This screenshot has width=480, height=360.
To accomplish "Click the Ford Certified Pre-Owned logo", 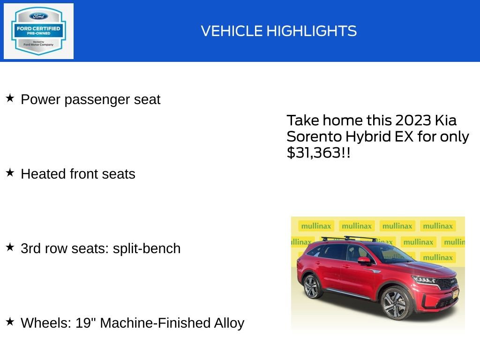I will coord(38,31).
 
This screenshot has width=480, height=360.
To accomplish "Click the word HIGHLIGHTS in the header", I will coord(312,31).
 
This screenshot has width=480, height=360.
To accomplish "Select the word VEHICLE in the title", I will coord(232,31).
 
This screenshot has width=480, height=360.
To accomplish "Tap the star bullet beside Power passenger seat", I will coord(10,98).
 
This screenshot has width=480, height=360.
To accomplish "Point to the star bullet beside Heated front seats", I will coord(10,173).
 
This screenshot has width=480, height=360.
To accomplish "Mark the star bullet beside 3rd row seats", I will coord(10,247).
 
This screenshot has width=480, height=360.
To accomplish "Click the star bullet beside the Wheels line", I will coord(10,322).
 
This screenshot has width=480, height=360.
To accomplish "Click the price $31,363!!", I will coord(318,153).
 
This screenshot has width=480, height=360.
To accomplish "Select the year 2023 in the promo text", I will coord(413,120).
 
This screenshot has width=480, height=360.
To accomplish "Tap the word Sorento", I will coord(314,136).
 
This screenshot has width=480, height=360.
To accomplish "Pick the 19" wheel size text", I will coord(86,323).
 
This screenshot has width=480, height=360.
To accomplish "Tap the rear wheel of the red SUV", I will coord(311,286).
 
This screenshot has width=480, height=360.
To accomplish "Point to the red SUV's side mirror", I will coord(364,261).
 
